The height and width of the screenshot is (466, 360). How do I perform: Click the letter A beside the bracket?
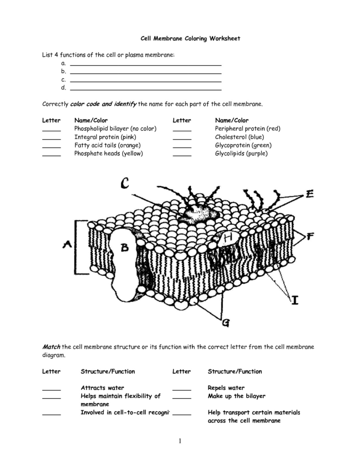pos(67,245)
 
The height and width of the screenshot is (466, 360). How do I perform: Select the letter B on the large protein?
pos(124,248)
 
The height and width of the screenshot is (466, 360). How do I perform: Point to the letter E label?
pos(310,194)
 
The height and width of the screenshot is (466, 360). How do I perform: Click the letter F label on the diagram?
pos(310,236)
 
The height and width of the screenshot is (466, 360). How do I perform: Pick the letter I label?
pos(295,300)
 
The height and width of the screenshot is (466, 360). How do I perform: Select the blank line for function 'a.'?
pos(145,64)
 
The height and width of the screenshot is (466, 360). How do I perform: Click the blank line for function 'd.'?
pos(145,89)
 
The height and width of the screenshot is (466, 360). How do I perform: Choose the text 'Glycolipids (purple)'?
pos(241,153)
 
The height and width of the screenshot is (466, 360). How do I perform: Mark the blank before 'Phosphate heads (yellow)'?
pos(51,155)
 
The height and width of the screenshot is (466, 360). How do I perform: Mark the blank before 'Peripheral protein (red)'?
pos(182,130)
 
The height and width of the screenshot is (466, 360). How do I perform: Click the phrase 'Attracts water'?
pos(102,388)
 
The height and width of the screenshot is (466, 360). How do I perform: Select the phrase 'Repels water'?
pos(226,388)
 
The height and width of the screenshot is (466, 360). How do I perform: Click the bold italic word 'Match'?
pos(51,346)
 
